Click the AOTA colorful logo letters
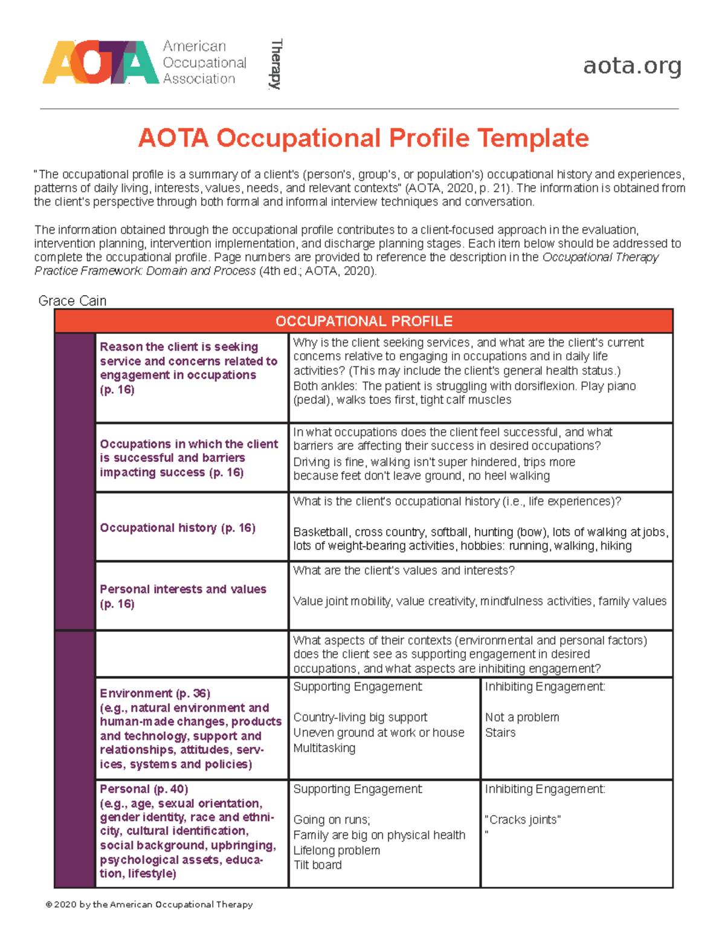[100, 62]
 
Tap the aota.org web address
[632, 65]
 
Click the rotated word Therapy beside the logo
[276, 64]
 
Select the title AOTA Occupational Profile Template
[363, 138]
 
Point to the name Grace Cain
[72, 301]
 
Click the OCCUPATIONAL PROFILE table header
[364, 321]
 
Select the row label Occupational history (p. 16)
[178, 528]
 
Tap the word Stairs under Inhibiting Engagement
[500, 732]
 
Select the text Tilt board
[317, 865]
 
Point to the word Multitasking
[324, 748]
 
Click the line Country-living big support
[360, 717]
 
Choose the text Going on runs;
[332, 820]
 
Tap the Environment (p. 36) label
[155, 694]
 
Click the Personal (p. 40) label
[144, 789]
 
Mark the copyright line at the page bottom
[149, 905]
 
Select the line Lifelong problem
[337, 850]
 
